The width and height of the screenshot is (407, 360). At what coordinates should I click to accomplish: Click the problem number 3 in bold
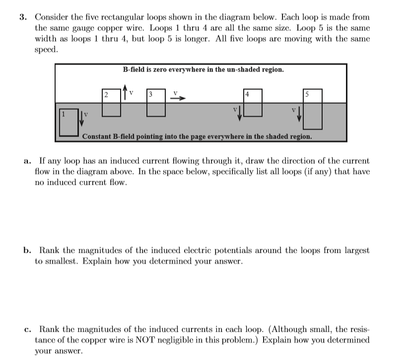(x=22, y=17)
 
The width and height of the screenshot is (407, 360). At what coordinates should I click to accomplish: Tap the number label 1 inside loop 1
(x=63, y=114)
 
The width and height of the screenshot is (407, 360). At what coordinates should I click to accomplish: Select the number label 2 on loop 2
(x=106, y=94)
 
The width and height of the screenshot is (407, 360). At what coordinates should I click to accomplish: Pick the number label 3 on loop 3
(x=150, y=94)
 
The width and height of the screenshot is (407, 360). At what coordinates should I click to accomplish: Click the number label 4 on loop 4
(x=247, y=94)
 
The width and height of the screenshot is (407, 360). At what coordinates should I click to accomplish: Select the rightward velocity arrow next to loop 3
(x=178, y=98)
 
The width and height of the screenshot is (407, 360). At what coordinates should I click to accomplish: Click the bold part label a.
(x=27, y=161)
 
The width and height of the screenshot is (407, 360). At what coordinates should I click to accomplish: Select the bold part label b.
(x=28, y=250)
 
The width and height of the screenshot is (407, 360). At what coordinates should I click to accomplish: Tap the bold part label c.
(x=27, y=329)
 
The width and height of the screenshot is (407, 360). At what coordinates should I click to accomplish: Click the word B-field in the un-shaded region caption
(x=133, y=70)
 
